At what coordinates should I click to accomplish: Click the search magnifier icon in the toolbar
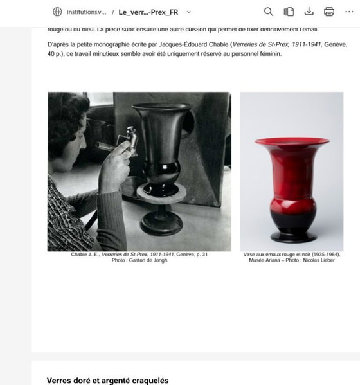point(269,12)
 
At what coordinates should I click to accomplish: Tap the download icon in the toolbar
point(309,12)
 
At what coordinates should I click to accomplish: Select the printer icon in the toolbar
point(329,12)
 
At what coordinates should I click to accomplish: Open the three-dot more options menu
point(349,12)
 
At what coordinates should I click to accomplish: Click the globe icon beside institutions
point(57,12)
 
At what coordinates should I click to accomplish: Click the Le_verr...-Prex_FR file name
point(148,12)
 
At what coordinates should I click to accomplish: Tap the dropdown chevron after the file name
point(188,12)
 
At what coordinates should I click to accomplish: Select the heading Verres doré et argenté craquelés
point(107,381)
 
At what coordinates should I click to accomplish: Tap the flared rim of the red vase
point(292,141)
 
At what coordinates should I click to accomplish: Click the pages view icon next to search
point(289,12)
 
